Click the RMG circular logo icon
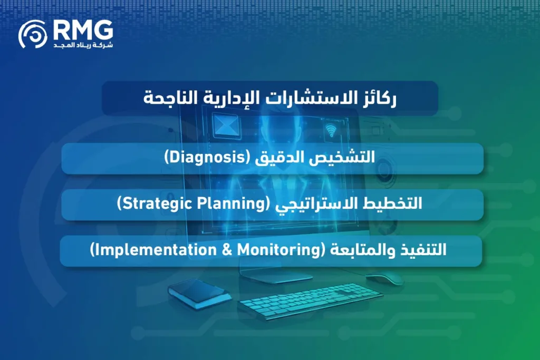click(33, 34)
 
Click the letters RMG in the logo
click(83, 30)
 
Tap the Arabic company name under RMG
click(83, 46)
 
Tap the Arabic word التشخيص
click(346, 158)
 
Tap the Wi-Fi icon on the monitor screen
click(331, 130)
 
